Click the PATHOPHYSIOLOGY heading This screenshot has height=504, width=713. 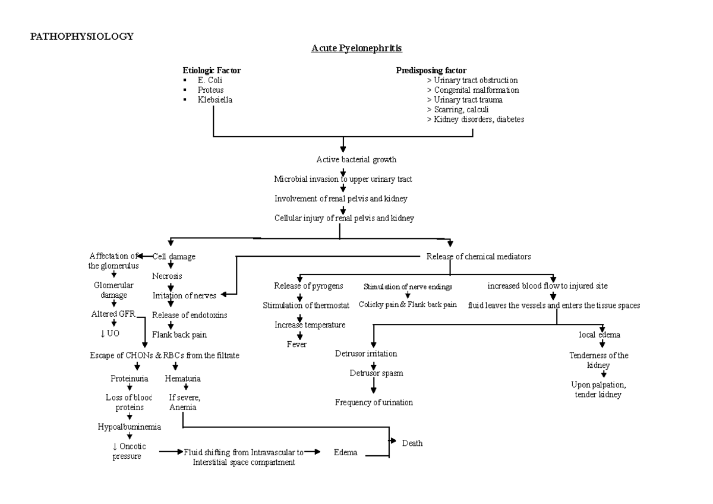(x=82, y=36)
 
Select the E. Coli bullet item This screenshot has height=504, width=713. (x=210, y=80)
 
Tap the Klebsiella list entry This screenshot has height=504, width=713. (x=215, y=100)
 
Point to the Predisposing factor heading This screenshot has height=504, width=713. (x=431, y=70)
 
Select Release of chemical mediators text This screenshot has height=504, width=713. (x=478, y=256)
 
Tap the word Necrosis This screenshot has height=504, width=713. (x=167, y=276)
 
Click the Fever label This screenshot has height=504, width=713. (x=296, y=344)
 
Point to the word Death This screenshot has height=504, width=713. (x=412, y=443)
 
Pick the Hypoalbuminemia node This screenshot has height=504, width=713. (x=130, y=426)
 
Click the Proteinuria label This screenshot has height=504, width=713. (x=130, y=378)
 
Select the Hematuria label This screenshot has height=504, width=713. (x=182, y=378)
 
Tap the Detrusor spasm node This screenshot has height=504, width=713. (x=373, y=373)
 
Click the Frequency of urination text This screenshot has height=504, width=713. (x=374, y=402)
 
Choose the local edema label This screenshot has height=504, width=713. (x=600, y=335)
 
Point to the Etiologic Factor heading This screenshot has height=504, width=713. (x=212, y=70)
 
